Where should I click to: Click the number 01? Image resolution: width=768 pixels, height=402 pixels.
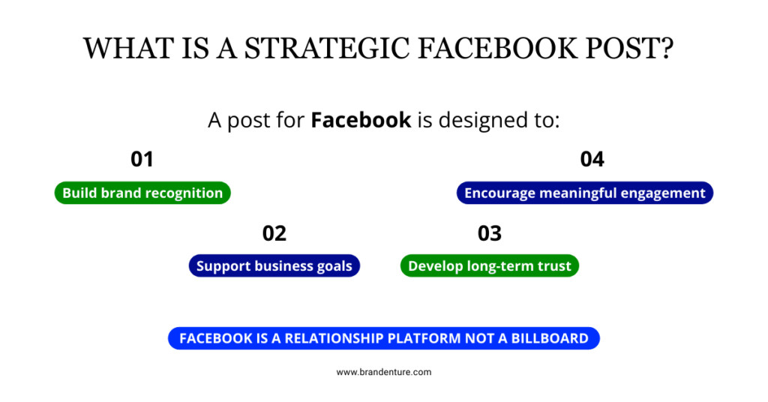(x=142, y=159)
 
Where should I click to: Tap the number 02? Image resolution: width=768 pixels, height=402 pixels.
(x=274, y=233)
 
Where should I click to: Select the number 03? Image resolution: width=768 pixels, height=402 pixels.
(x=489, y=233)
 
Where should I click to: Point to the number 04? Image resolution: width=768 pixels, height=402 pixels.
(x=592, y=159)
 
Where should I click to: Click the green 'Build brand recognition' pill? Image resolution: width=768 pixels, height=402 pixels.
(x=142, y=193)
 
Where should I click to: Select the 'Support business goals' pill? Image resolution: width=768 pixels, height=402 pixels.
(x=274, y=266)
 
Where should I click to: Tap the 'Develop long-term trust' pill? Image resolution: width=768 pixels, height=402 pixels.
(x=489, y=266)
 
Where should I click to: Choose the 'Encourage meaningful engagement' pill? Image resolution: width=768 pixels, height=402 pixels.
(x=585, y=193)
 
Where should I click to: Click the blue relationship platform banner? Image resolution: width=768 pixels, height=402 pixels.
(x=384, y=338)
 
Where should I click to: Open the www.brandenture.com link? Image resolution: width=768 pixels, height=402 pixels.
(x=384, y=372)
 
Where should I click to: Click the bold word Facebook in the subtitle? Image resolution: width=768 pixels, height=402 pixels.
(x=361, y=120)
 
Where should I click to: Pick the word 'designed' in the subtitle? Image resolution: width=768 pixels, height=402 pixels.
(x=476, y=120)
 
